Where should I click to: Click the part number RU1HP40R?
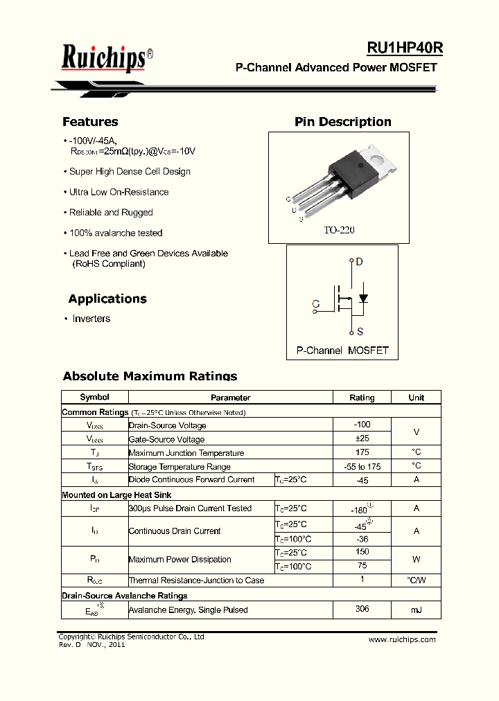pos(405,48)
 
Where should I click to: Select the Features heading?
pos(90,122)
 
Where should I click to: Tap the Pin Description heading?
pos(342,122)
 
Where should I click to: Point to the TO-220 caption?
pos(339,230)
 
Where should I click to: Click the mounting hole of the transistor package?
pos(378,157)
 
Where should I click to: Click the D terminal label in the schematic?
pos(359,262)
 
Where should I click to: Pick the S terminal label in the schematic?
pos(360,332)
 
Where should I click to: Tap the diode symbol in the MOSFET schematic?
pos(362,299)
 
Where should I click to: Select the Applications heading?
pos(107,299)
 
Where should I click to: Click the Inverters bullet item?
pos(91,319)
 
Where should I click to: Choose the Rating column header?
pos(362,398)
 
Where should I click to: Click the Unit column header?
pos(416,398)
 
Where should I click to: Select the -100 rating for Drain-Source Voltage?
pos(362,425)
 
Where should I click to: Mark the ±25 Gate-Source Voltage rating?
pos(362,438)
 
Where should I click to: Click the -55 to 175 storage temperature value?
pos(362,466)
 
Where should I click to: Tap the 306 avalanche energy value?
pos(362,609)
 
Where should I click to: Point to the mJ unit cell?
pos(416,610)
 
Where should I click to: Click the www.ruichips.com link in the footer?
pos(402,639)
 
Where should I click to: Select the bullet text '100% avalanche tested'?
pos(116,233)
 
